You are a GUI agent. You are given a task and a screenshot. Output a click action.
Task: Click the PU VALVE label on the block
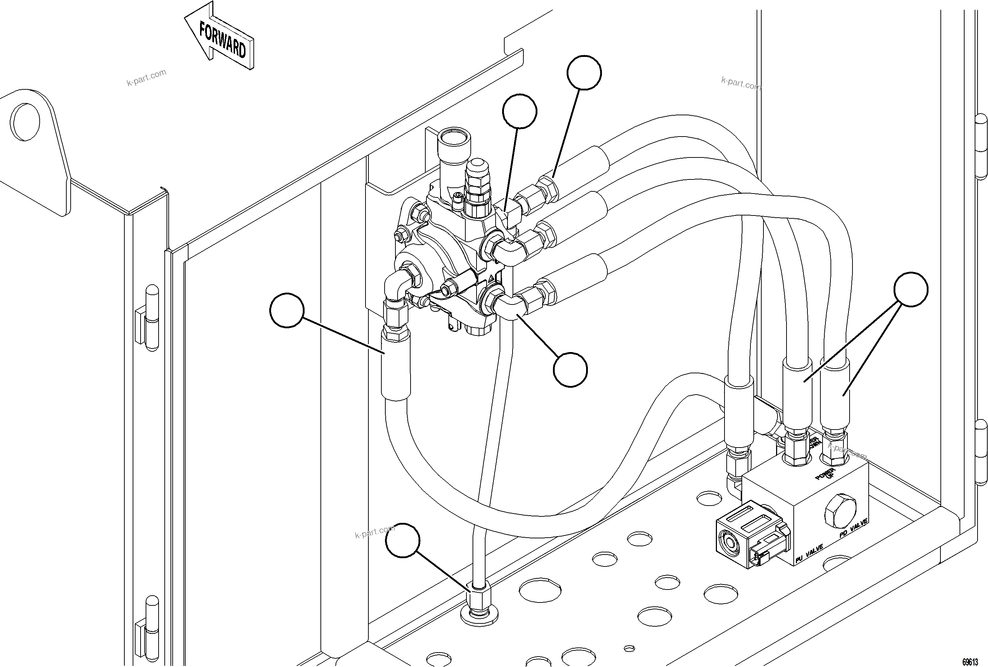(x=809, y=554)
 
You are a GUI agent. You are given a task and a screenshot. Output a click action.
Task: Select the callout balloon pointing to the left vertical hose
(x=287, y=310)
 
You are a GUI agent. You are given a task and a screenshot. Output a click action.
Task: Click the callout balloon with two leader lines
(x=911, y=289)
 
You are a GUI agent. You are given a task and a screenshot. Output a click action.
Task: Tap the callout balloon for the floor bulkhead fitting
(x=403, y=540)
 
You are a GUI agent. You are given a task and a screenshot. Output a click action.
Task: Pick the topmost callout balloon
(x=584, y=73)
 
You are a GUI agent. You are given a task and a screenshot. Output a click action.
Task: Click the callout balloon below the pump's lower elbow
(x=570, y=369)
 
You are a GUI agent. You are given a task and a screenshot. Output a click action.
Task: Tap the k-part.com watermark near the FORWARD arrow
(x=146, y=78)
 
